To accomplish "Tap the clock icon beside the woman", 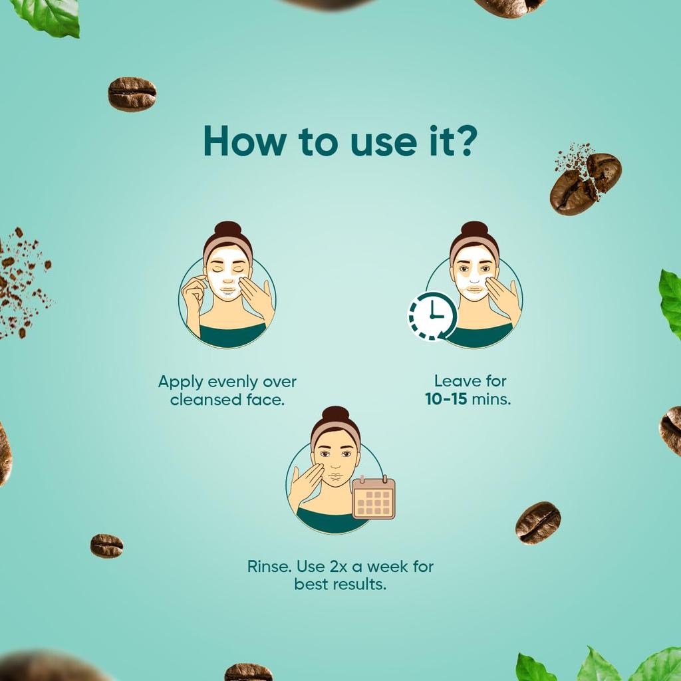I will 432,316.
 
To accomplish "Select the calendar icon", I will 374,497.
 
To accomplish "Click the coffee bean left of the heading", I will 132,94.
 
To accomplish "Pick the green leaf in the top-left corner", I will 48,15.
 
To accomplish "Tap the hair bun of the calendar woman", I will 335,416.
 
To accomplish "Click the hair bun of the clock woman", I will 474,230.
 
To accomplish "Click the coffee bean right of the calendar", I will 537,522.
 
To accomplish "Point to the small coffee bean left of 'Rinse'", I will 106,545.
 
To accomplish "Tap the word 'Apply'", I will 178,382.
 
